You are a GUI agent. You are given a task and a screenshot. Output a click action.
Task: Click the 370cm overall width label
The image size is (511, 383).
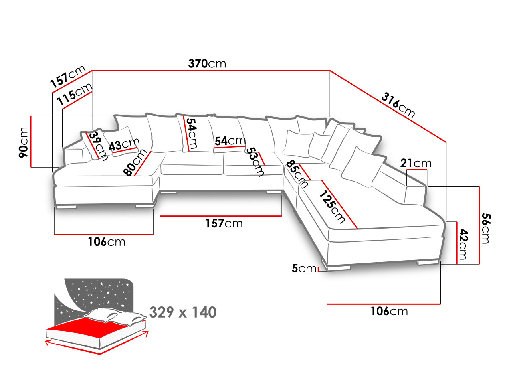(x=207, y=63)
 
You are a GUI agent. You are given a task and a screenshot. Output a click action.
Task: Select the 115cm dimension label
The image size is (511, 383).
(x=75, y=95)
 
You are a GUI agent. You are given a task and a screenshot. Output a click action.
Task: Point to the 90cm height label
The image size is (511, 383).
(x=24, y=142)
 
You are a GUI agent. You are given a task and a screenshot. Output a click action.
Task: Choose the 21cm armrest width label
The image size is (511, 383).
(x=416, y=163)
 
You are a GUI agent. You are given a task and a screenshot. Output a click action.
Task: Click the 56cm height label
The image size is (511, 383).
(x=485, y=228)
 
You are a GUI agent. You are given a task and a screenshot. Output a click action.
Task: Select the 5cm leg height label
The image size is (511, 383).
(x=303, y=268)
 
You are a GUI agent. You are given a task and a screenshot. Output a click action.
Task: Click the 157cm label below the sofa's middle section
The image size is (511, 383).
(x=224, y=223)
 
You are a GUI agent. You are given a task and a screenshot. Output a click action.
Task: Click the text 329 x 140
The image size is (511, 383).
(x=183, y=312)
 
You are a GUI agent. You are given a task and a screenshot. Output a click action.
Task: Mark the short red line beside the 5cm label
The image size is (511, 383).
(x=319, y=269)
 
